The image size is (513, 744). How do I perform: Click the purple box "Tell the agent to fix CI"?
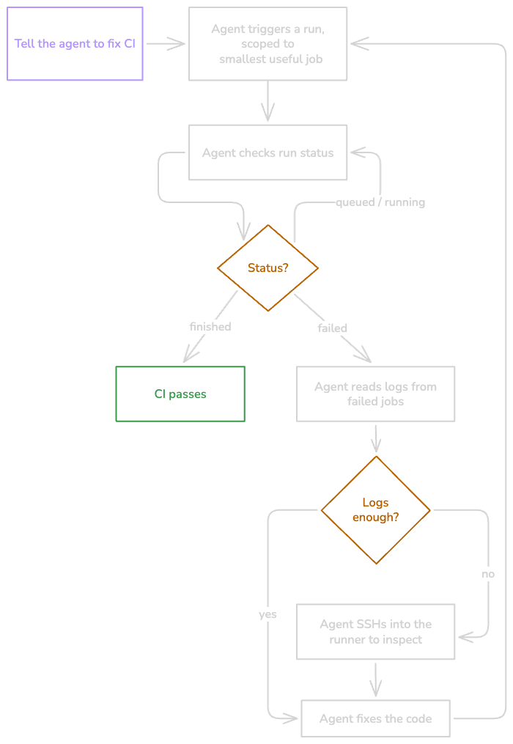[75, 44]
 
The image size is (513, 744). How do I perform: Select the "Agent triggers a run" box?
[267, 44]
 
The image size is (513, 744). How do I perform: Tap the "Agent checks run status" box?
[267, 152]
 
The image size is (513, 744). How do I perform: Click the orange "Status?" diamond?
[267, 268]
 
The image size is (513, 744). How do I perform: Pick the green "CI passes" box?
[180, 394]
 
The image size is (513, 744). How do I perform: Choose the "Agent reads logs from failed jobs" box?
[375, 394]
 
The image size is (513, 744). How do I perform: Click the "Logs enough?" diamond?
[375, 510]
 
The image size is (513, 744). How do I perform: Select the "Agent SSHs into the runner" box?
[375, 632]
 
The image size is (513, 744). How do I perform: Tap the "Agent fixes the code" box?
[375, 718]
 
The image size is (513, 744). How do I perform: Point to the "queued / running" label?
[380, 202]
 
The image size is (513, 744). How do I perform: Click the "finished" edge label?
[210, 327]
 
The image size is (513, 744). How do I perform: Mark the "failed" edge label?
[332, 328]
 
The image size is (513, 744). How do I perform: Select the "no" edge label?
[488, 574]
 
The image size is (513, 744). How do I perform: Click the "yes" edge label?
[267, 614]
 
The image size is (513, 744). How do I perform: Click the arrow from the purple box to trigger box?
[166, 44]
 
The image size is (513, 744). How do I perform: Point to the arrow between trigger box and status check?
[267, 102]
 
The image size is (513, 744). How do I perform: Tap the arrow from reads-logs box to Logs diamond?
[376, 438]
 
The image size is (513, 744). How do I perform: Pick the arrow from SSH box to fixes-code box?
[376, 679]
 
